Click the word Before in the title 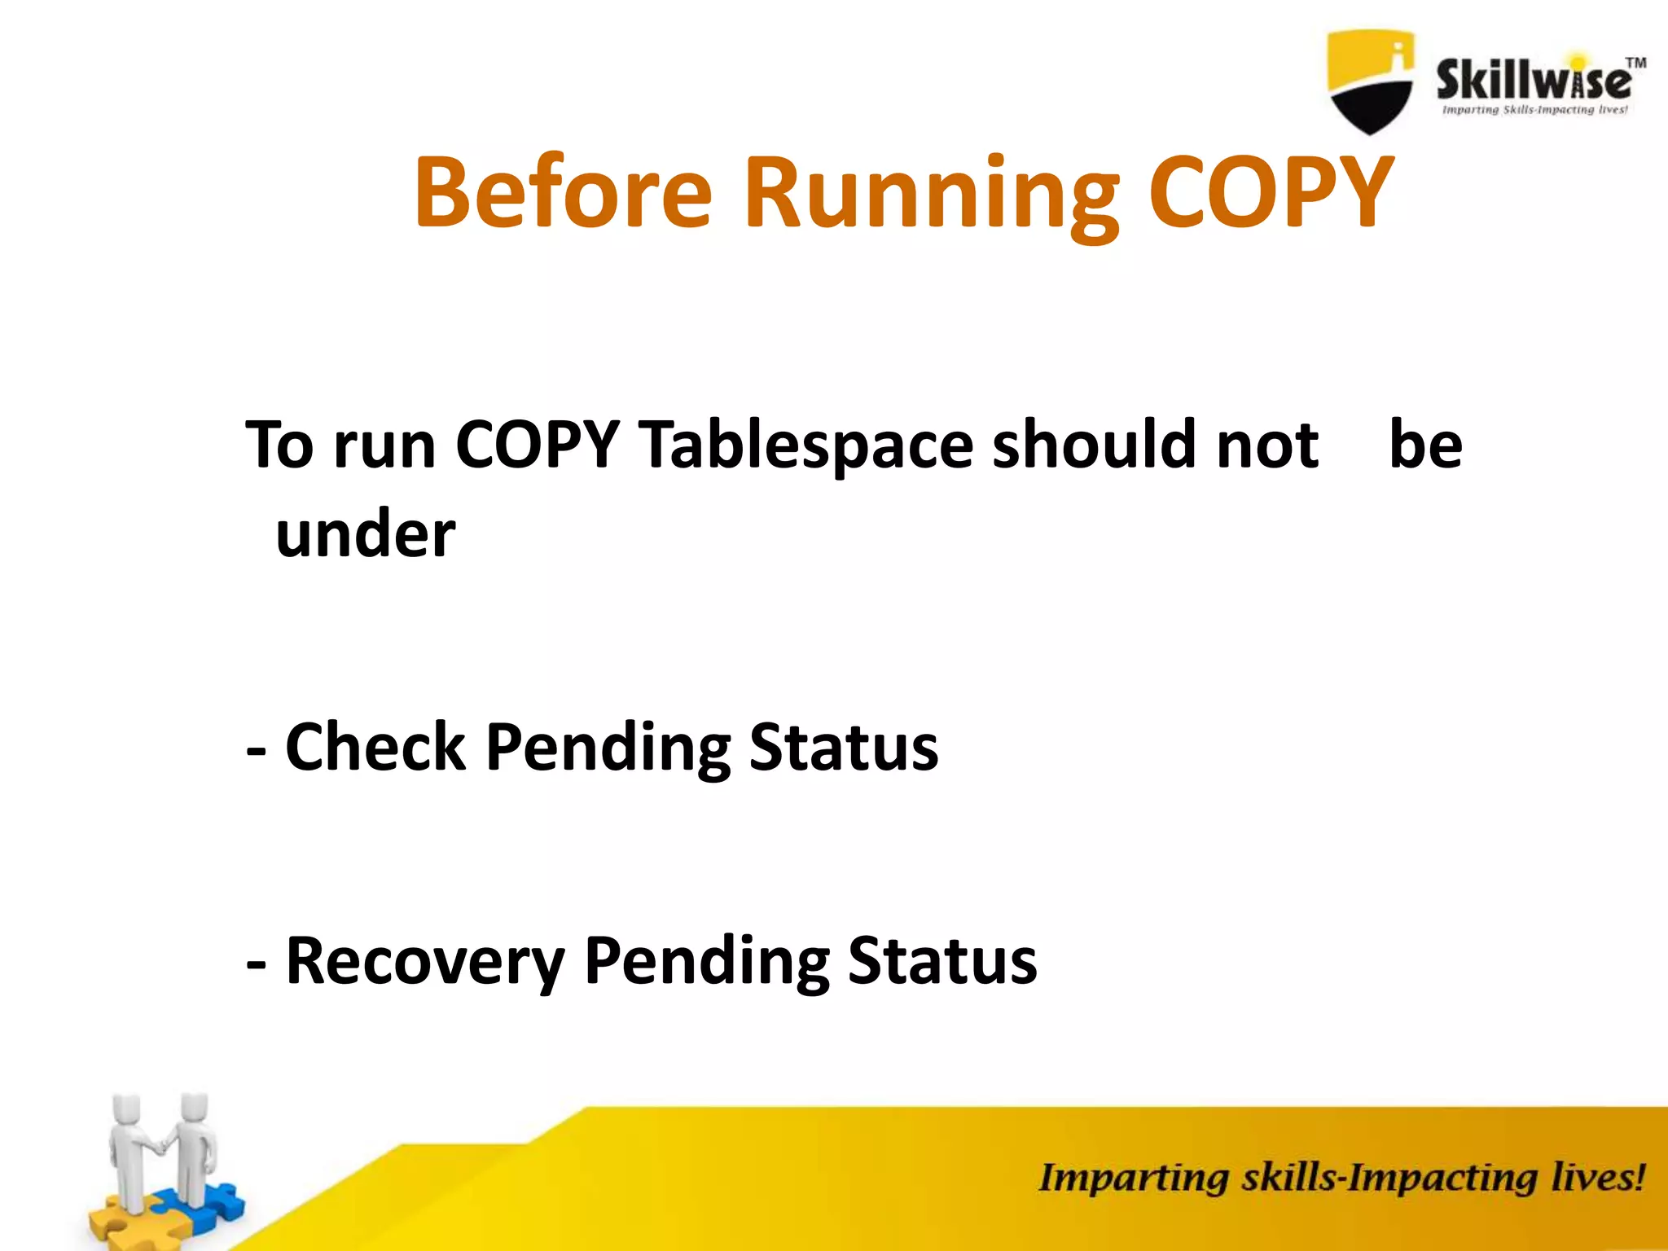[563, 192]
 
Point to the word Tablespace [805, 446]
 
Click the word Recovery [425, 961]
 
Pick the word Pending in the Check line [608, 748]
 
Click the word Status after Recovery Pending [942, 960]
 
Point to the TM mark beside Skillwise [1635, 63]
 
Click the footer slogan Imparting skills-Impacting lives [1341, 1178]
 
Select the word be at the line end [1425, 445]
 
